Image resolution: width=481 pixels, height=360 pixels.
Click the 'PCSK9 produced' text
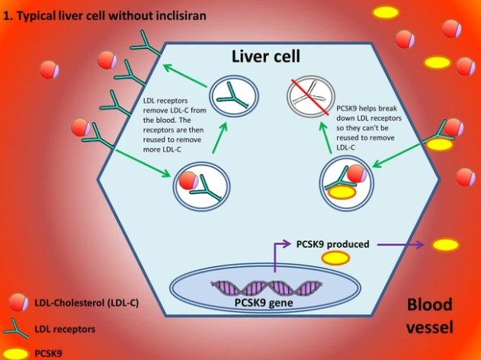[332, 245]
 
